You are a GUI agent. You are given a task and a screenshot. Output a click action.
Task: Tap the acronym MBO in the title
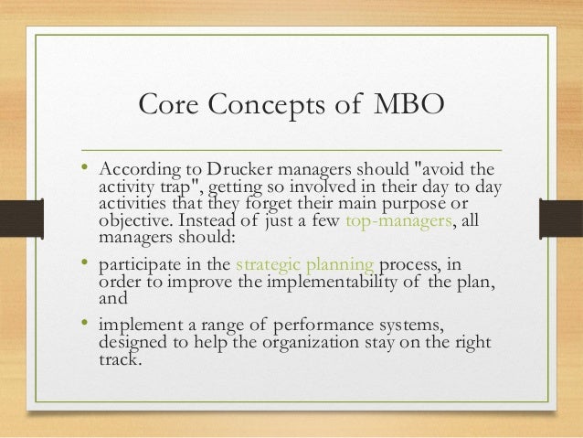point(408,108)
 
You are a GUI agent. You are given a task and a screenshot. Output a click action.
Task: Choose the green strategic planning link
point(304,265)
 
